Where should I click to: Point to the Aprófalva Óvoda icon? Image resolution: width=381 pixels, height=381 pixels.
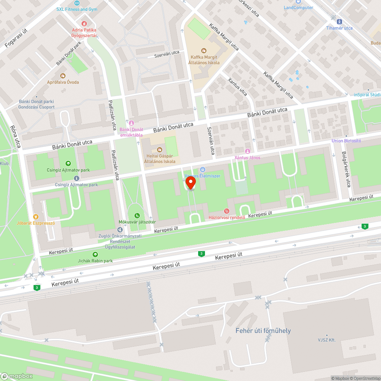[63, 75]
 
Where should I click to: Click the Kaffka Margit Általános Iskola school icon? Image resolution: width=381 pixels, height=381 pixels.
[203, 50]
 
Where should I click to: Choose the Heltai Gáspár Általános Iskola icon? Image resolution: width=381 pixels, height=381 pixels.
[160, 149]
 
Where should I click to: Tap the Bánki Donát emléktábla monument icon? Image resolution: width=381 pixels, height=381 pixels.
[131, 123]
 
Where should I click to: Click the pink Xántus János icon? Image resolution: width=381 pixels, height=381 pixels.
[248, 151]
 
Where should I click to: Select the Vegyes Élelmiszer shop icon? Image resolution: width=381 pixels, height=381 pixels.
[203, 170]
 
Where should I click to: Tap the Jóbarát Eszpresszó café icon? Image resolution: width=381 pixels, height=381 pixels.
[36, 216]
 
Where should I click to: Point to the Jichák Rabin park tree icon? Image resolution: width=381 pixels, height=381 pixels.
[95, 254]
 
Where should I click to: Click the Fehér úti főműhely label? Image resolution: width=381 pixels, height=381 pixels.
[263, 330]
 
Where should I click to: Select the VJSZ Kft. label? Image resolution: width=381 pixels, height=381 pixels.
[327, 339]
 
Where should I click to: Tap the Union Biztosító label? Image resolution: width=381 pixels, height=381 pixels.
[346, 141]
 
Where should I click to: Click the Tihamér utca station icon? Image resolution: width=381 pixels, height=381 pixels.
[339, 21]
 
